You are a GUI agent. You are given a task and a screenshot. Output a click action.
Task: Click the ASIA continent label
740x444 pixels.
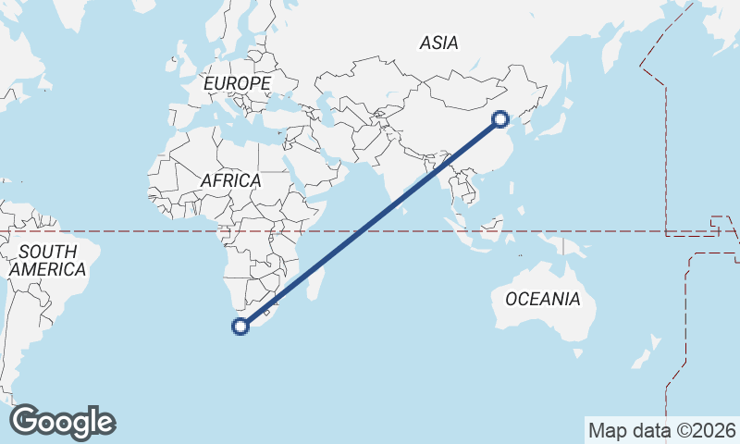pos(438,43)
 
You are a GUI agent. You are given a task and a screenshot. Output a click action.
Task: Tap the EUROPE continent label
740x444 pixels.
pos(237,84)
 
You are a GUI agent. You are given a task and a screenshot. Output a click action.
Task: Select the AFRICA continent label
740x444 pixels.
pos(230,181)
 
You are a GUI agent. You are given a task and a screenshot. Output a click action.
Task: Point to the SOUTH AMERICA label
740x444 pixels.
pos(47,261)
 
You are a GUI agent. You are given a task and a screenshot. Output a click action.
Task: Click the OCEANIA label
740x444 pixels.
pos(543,299)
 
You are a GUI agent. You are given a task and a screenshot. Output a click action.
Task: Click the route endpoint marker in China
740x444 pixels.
pos(500,119)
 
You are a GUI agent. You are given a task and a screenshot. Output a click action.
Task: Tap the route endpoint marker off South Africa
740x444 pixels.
pos(240,326)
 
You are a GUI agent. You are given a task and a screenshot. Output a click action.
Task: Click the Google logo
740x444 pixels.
pos(62,422)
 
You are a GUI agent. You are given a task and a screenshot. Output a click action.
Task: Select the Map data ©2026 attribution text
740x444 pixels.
pos(661,430)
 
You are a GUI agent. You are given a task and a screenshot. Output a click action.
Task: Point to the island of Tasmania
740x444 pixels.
pos(577,352)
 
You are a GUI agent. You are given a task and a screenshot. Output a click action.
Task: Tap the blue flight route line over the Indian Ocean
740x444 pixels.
pos(361,231)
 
